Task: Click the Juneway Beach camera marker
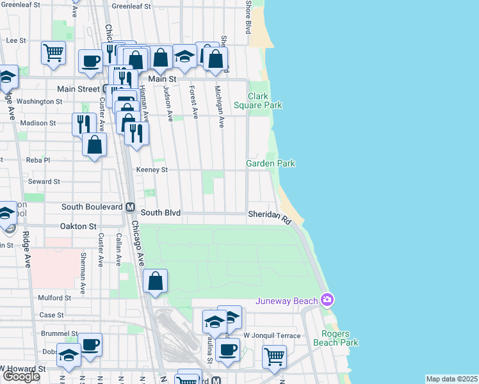(328, 300)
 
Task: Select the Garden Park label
(270, 164)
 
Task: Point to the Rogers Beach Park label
(336, 338)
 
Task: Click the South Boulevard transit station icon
(130, 207)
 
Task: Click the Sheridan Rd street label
(270, 216)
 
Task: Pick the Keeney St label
(152, 170)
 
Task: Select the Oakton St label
(78, 226)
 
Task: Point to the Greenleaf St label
(132, 6)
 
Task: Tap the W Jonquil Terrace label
(272, 335)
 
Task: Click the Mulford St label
(54, 298)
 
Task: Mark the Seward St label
(44, 181)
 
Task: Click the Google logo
(21, 376)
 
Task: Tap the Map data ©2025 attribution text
(452, 379)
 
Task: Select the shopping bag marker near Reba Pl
(95, 145)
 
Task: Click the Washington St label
(39, 101)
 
